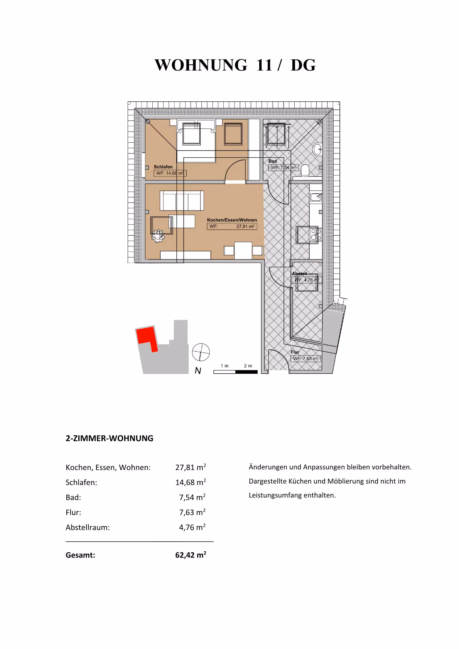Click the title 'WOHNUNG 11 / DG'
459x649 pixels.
click(235, 65)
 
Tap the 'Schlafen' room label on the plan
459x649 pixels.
click(163, 167)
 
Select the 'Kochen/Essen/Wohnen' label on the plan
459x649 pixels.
click(232, 220)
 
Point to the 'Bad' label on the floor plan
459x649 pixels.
click(273, 161)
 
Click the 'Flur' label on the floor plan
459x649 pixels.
click(295, 352)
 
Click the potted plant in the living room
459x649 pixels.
click(158, 235)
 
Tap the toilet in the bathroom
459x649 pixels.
click(305, 170)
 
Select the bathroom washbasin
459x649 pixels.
click(317, 149)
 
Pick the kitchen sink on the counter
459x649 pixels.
click(316, 197)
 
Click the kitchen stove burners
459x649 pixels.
click(316, 234)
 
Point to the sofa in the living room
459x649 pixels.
click(182, 201)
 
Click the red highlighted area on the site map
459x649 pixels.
click(147, 336)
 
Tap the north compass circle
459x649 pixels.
click(201, 352)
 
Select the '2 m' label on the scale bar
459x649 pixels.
click(248, 366)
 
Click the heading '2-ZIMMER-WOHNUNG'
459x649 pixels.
click(110, 438)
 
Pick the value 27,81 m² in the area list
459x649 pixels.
click(191, 467)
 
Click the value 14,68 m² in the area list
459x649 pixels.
click(191, 482)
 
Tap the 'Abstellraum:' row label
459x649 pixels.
click(88, 528)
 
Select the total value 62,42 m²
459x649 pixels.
click(191, 555)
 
